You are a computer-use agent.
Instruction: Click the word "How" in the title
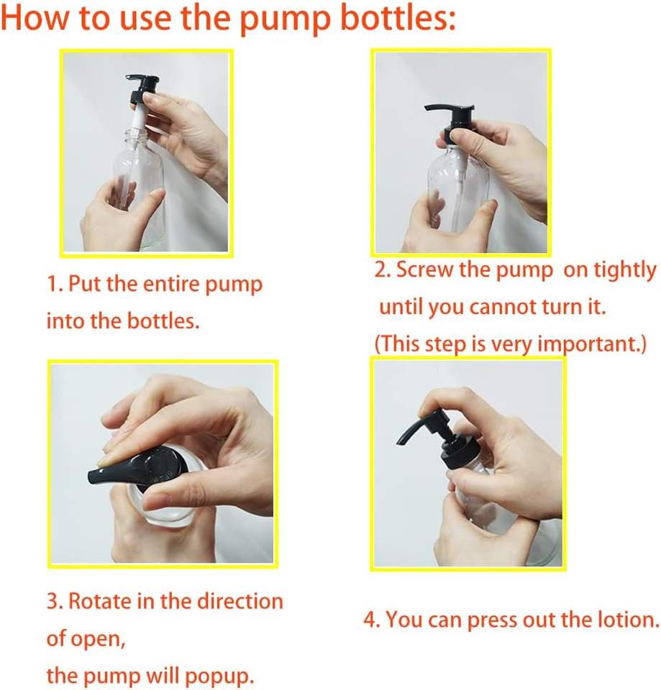pos(35,18)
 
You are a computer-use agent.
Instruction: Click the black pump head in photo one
pos(142,88)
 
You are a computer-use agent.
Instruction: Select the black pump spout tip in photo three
pos(94,477)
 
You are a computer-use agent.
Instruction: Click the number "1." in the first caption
pos(55,285)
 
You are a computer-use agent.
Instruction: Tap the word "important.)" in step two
pos(592,344)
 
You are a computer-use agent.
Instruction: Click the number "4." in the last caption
pos(372,620)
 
